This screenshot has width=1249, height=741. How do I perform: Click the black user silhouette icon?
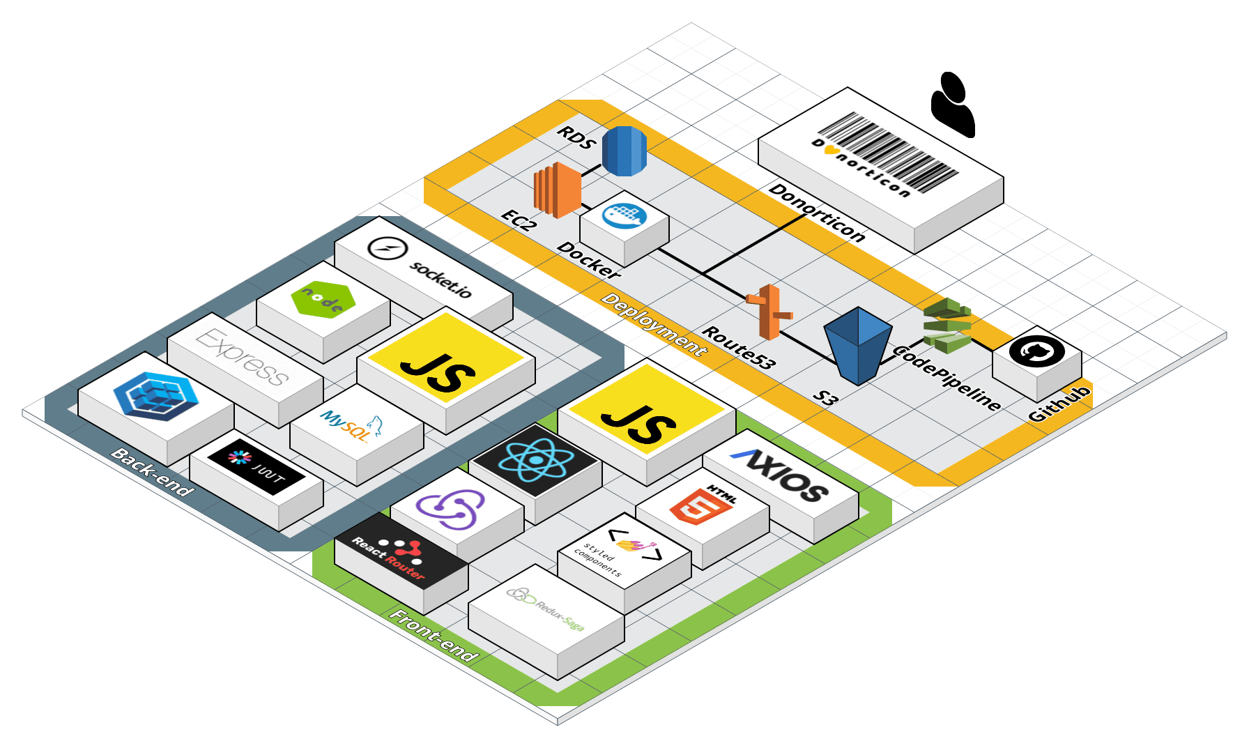(953, 105)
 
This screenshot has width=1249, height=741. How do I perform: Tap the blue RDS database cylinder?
(624, 151)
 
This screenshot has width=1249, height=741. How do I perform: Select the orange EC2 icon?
(557, 189)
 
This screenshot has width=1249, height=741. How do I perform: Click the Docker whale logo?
(624, 215)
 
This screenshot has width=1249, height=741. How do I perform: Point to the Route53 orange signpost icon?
(769, 312)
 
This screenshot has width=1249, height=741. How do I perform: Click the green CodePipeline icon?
(947, 325)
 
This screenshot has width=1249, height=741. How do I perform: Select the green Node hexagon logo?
(323, 300)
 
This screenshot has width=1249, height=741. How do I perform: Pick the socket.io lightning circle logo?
(387, 248)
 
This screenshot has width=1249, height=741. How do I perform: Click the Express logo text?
(243, 357)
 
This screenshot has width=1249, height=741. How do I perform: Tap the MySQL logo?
(351, 425)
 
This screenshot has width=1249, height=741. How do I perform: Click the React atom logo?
(535, 460)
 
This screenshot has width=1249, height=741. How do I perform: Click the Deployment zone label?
(654, 324)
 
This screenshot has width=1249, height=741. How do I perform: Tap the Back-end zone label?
(152, 471)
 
